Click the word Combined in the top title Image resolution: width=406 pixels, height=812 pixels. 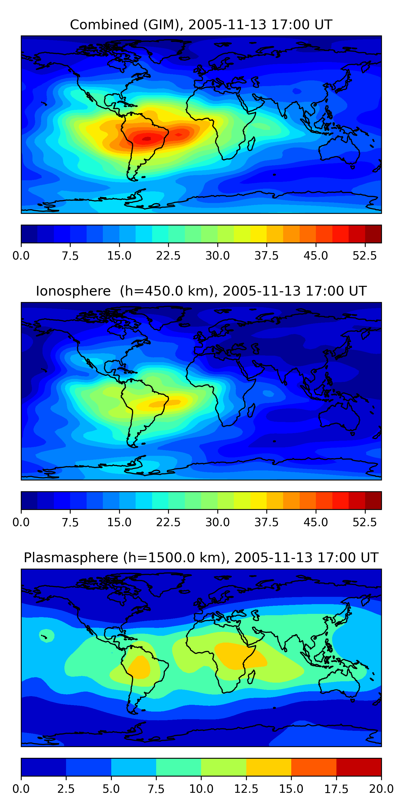pos(104,25)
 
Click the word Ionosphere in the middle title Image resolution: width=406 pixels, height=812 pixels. pos(73,291)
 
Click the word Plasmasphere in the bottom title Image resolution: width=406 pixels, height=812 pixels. pos(71,558)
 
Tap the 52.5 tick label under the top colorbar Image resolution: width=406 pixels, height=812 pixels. pos(365,256)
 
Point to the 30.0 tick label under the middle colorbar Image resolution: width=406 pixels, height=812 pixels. pos(218,522)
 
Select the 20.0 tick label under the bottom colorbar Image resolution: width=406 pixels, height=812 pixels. pos(381,789)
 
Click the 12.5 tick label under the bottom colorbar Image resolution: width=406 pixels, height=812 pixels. pos(246,789)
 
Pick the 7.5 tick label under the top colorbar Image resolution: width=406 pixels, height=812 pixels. pos(70,256)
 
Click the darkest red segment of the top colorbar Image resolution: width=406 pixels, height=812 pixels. pos(373,234)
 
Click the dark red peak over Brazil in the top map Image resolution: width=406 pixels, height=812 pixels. pos(147,138)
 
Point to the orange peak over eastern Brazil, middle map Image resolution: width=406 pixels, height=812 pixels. pos(165,402)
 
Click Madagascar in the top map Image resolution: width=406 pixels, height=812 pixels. pos(251,144)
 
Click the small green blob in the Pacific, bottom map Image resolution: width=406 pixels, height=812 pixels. pos(46,635)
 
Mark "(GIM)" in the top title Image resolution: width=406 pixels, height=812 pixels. pos(163,25)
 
